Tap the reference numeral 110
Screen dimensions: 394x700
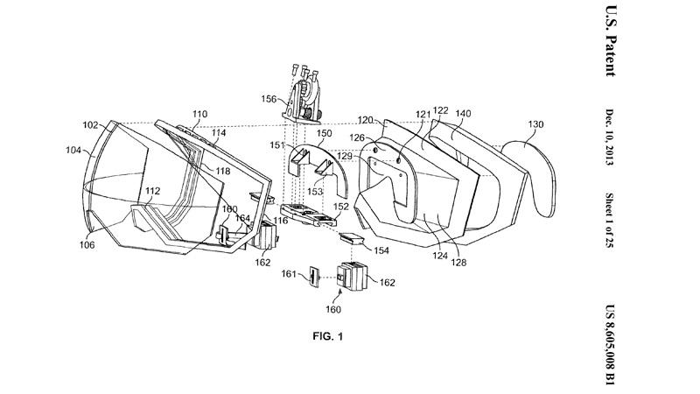pos(200,115)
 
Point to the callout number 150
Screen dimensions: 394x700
pos(325,132)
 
